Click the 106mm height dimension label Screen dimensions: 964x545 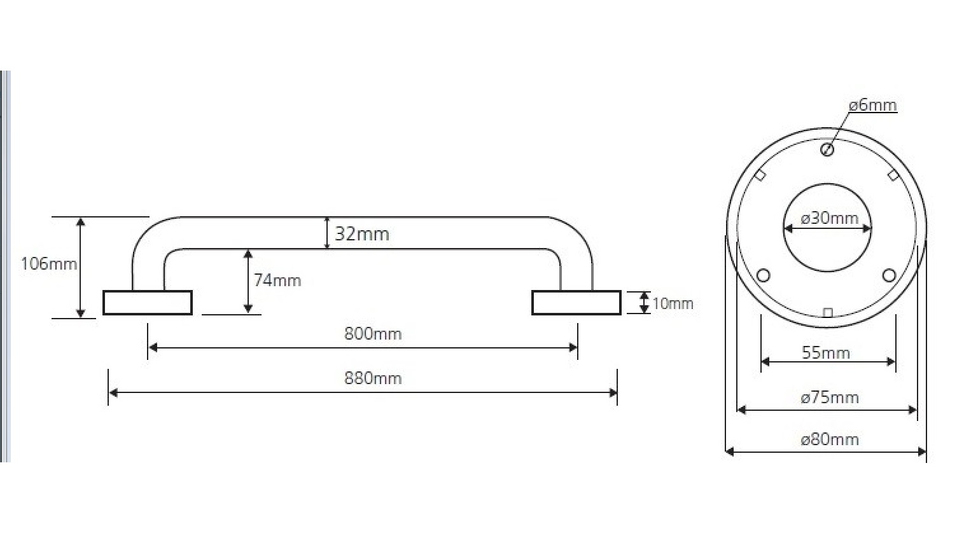tap(49, 264)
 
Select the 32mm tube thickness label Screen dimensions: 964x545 tap(362, 233)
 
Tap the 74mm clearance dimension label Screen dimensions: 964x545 tap(277, 280)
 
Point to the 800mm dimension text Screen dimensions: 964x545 tap(373, 334)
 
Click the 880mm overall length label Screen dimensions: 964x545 tap(373, 378)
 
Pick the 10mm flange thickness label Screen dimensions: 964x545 tap(673, 304)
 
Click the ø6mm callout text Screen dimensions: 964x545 tap(873, 105)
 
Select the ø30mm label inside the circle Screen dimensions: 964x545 tap(829, 218)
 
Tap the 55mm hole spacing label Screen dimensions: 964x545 tap(825, 353)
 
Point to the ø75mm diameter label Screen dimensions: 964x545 tap(829, 397)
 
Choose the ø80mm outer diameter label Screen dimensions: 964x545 tap(829, 439)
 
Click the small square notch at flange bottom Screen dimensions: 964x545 tap(827, 313)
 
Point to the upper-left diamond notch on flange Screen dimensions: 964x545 tap(760, 175)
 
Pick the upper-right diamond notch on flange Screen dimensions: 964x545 tap(893, 176)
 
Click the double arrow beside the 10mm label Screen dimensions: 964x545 tap(644, 303)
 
